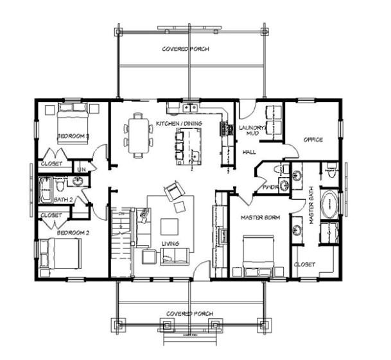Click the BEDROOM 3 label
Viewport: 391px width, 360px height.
pyautogui.click(x=73, y=136)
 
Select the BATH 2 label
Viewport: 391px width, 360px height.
pyautogui.click(x=62, y=200)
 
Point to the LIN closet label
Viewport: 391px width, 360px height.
pyautogui.click(x=81, y=169)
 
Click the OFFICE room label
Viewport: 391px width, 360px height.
pyautogui.click(x=313, y=139)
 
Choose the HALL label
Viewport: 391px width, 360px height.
pyautogui.click(x=249, y=152)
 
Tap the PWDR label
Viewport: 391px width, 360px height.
pyautogui.click(x=269, y=187)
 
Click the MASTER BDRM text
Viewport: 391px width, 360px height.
pyautogui.click(x=259, y=218)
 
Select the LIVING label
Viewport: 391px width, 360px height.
pyautogui.click(x=170, y=243)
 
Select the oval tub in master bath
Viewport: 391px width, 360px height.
pyautogui.click(x=328, y=205)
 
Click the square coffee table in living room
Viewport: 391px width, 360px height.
pyautogui.click(x=169, y=227)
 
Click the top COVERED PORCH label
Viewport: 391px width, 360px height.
pyautogui.click(x=185, y=49)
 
